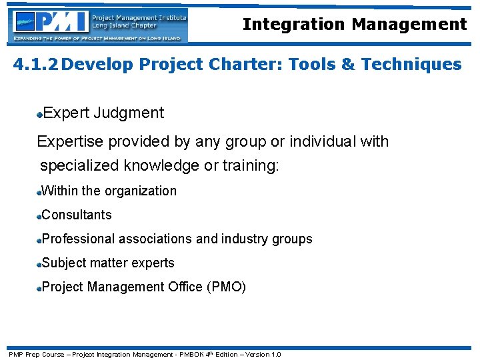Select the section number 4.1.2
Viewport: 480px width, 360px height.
pos(37,65)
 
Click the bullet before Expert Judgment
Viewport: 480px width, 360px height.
pos(40,115)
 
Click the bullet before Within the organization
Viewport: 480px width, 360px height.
pos(40,193)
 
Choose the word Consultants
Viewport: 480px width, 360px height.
pos(77,215)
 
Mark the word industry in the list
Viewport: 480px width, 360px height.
pos(248,239)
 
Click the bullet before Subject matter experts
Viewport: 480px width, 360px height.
pos(40,265)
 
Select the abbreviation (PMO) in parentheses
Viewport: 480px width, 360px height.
pos(226,287)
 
